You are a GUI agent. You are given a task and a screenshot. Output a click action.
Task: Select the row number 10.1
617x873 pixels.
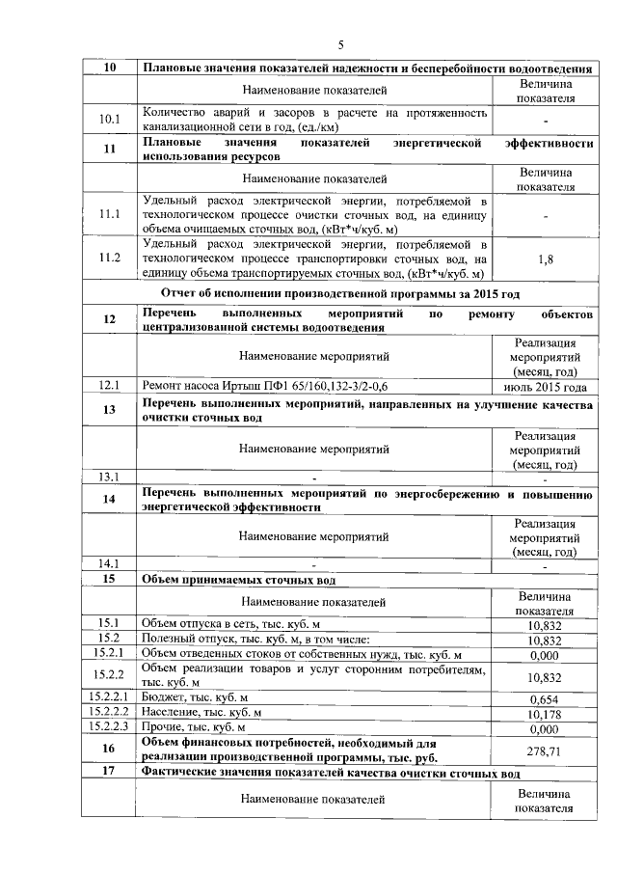(x=109, y=121)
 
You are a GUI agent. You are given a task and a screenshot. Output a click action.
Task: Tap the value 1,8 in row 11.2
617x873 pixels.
(x=545, y=259)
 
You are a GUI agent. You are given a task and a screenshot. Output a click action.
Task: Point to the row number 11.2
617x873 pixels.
(x=109, y=259)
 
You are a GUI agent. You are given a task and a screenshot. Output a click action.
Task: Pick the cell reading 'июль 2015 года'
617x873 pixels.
(x=545, y=386)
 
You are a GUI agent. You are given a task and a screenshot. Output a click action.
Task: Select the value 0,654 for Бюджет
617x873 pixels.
(x=545, y=698)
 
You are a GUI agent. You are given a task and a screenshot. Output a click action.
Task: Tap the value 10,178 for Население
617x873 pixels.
(x=545, y=713)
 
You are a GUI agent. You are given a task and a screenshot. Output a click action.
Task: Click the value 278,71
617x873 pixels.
(x=545, y=750)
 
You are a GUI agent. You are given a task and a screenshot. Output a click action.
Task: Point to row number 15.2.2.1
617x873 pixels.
(x=109, y=697)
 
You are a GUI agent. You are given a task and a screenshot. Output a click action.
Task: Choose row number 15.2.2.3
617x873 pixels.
(x=109, y=726)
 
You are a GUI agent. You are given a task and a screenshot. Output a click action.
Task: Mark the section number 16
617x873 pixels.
(x=109, y=750)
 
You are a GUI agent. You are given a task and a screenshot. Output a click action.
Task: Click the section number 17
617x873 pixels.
(x=109, y=773)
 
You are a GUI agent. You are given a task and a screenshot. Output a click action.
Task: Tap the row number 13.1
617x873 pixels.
(x=109, y=477)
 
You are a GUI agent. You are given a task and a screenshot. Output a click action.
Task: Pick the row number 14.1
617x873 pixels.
(x=109, y=563)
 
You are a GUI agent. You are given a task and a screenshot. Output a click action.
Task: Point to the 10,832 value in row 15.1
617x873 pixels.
(x=545, y=625)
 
